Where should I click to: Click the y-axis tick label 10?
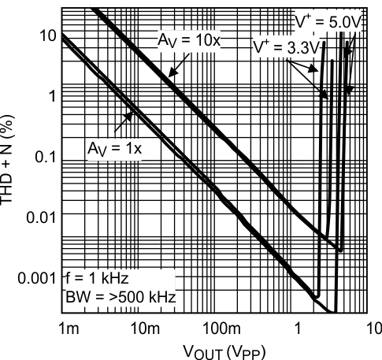click(48, 35)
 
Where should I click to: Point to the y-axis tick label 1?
click(52, 96)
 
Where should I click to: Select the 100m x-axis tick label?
click(221, 328)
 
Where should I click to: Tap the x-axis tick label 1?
click(298, 328)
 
